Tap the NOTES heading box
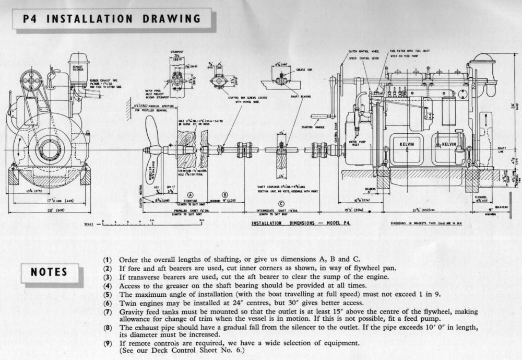[x=49, y=272]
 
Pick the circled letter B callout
[x=226, y=194]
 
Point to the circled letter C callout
[x=281, y=204]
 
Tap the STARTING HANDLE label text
[x=312, y=126]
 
